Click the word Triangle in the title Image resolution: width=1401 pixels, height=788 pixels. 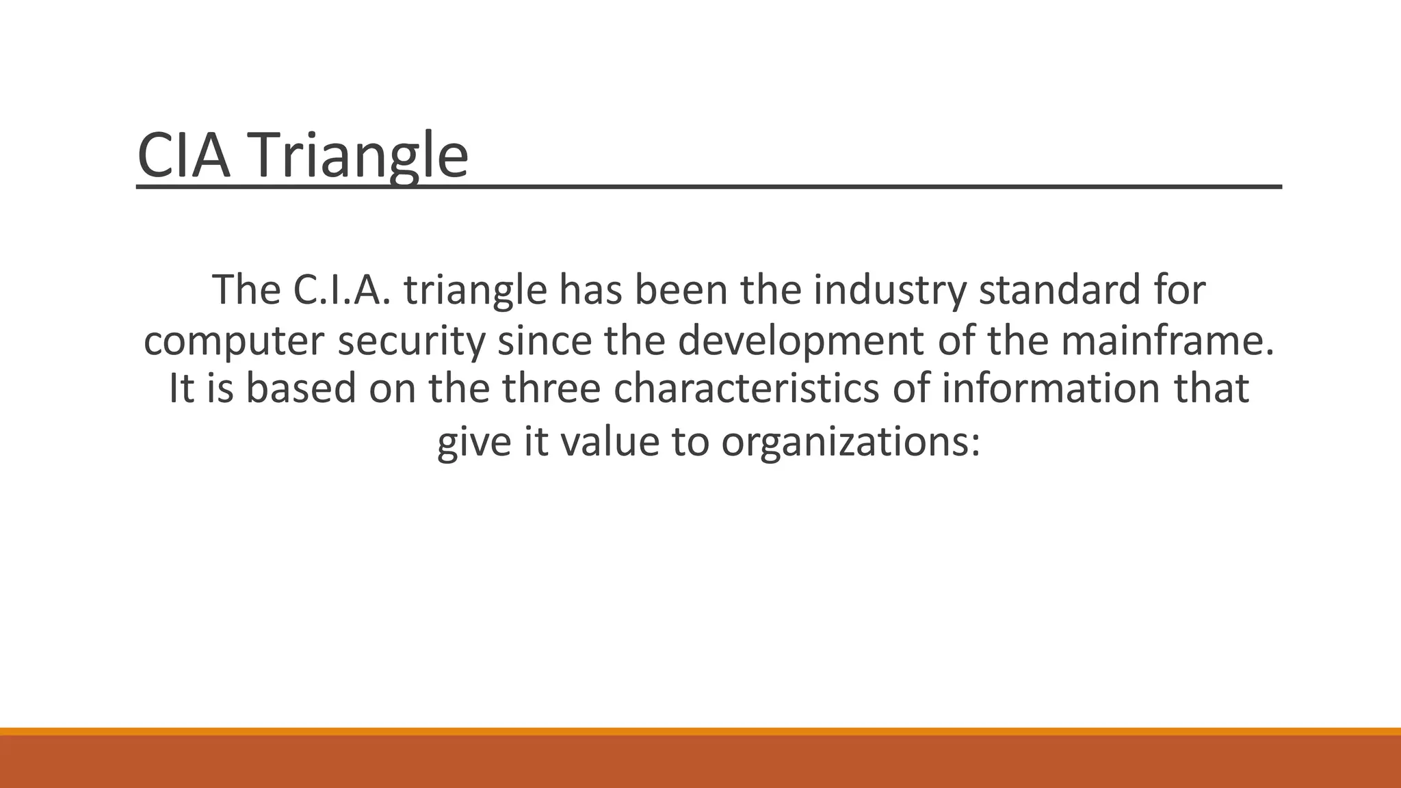click(363, 156)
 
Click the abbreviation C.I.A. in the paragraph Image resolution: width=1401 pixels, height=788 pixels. click(342, 289)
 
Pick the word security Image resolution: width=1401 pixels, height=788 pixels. click(411, 341)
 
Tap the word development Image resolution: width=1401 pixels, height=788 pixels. click(800, 341)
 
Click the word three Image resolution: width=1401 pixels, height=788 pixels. click(551, 388)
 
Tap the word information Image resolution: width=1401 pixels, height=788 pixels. click(1050, 388)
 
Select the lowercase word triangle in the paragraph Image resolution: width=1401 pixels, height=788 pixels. click(475, 291)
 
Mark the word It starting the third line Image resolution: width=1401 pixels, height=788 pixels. click(181, 388)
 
